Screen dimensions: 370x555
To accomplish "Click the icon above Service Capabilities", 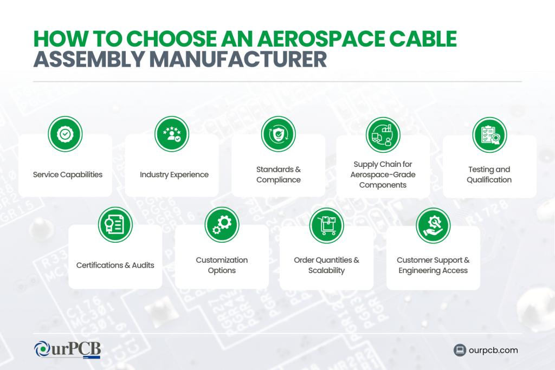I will (x=65, y=133).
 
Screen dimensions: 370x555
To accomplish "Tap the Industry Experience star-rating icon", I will (x=171, y=133).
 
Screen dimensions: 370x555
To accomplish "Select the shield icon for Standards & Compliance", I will (x=278, y=133).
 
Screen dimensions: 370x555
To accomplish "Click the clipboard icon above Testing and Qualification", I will (x=489, y=134).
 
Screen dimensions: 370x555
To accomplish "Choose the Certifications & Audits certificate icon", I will (x=115, y=224).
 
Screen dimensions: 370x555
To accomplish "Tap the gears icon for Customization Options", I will (x=222, y=224).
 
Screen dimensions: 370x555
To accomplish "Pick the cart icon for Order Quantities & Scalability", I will (x=326, y=224).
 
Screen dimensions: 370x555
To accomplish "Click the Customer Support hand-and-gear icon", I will (x=433, y=224).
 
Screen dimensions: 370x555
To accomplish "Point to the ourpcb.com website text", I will (x=494, y=350).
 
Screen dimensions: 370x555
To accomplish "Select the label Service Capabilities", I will (x=68, y=174).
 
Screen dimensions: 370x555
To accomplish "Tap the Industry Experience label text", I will (x=174, y=174).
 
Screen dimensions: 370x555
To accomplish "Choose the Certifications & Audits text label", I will (x=115, y=265).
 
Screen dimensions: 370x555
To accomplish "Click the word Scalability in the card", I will (x=326, y=270).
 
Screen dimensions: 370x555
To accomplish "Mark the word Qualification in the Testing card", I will (x=489, y=180).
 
